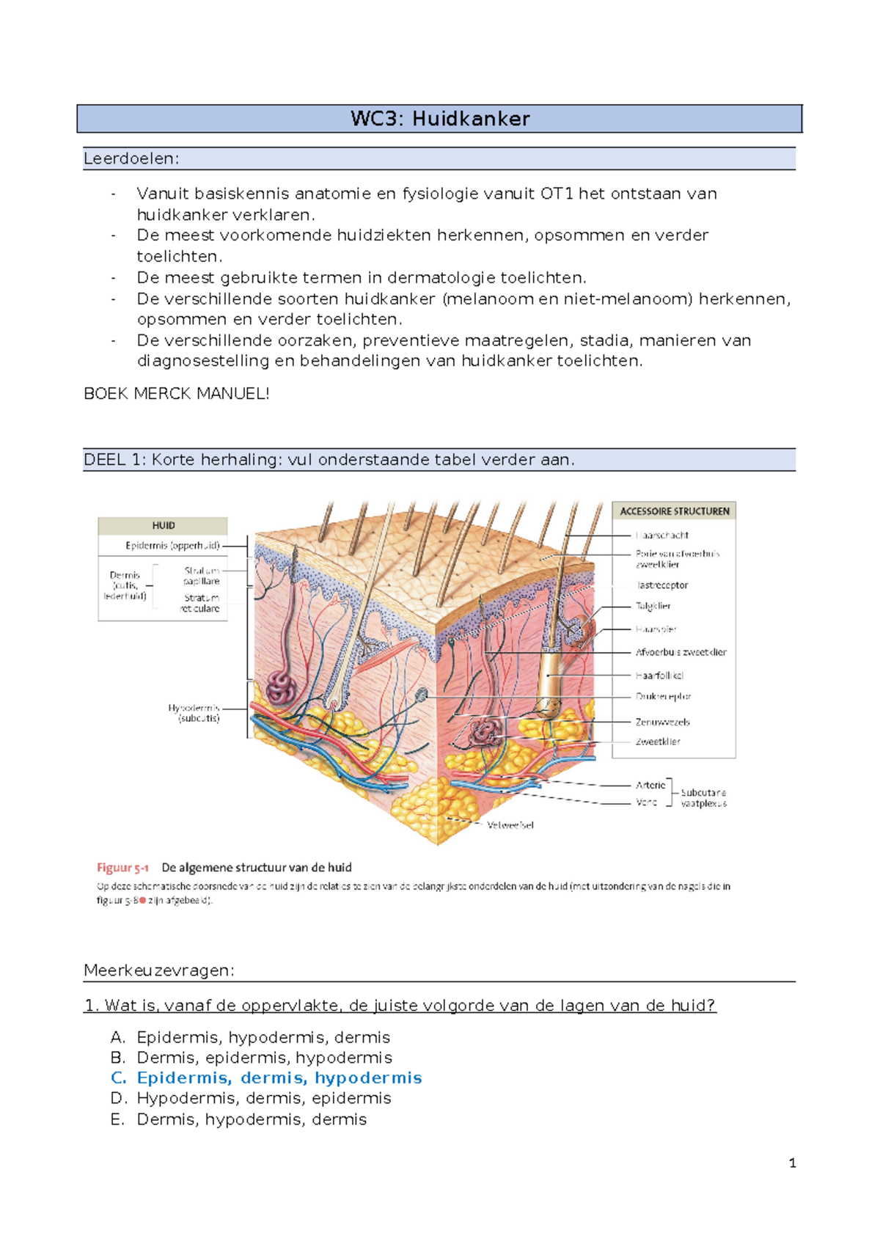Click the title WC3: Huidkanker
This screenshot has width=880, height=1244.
pyautogui.click(x=440, y=119)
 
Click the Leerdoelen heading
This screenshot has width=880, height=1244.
pyautogui.click(x=131, y=158)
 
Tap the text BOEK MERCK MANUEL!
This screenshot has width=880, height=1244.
pyautogui.click(x=177, y=394)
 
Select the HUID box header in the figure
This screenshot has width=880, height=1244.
pyautogui.click(x=163, y=525)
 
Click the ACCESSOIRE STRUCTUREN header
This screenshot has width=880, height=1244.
pyautogui.click(x=674, y=511)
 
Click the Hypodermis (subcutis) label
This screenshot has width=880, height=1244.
pyautogui.click(x=194, y=713)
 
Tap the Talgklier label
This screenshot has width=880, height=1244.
pyautogui.click(x=653, y=606)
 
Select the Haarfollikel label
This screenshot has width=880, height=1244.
pyautogui.click(x=659, y=675)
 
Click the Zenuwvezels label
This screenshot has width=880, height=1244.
pyautogui.click(x=662, y=722)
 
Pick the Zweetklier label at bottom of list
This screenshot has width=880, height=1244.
pyautogui.click(x=658, y=742)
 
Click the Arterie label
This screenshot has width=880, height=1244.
pyautogui.click(x=650, y=785)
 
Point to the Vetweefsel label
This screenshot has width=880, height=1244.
pyautogui.click(x=510, y=825)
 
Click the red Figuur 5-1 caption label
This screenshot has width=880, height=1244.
pyautogui.click(x=122, y=868)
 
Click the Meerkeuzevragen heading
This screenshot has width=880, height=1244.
pyautogui.click(x=159, y=970)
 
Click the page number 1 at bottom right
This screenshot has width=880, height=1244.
pyautogui.click(x=792, y=1163)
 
